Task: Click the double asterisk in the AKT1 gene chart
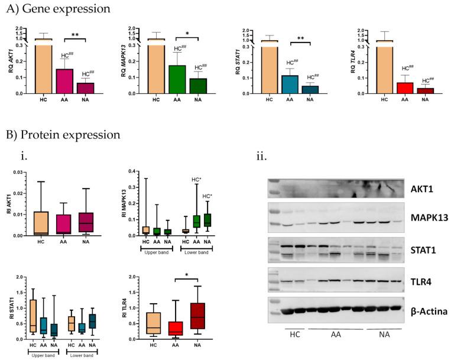[75, 35]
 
